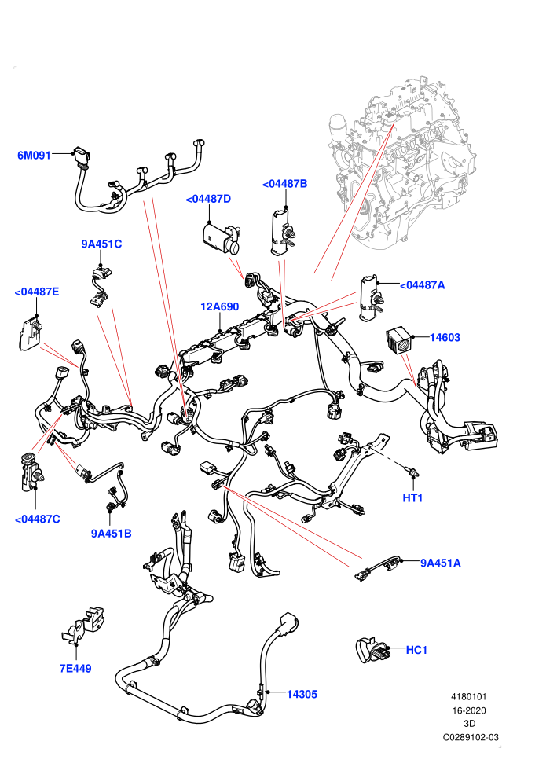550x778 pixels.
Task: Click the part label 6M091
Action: [x=34, y=156]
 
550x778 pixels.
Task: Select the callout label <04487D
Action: [x=208, y=199]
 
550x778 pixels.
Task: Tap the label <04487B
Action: [x=284, y=184]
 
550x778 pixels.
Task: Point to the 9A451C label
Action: [x=101, y=244]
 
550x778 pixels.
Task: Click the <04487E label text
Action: [x=37, y=292]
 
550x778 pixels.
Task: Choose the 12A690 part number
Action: [x=220, y=306]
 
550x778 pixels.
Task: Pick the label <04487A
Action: [x=422, y=285]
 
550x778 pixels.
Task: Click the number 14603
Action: [x=445, y=337]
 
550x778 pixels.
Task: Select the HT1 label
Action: [x=412, y=497]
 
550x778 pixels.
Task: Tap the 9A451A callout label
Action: [x=441, y=563]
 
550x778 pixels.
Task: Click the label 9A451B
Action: [x=111, y=534]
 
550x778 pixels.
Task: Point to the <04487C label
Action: [x=37, y=519]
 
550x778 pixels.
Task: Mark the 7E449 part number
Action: [x=75, y=669]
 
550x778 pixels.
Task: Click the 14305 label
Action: [x=302, y=695]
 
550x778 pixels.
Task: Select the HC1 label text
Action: [x=416, y=650]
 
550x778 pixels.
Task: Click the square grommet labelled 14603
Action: [x=398, y=339]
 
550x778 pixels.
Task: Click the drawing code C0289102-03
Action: [x=471, y=737]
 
